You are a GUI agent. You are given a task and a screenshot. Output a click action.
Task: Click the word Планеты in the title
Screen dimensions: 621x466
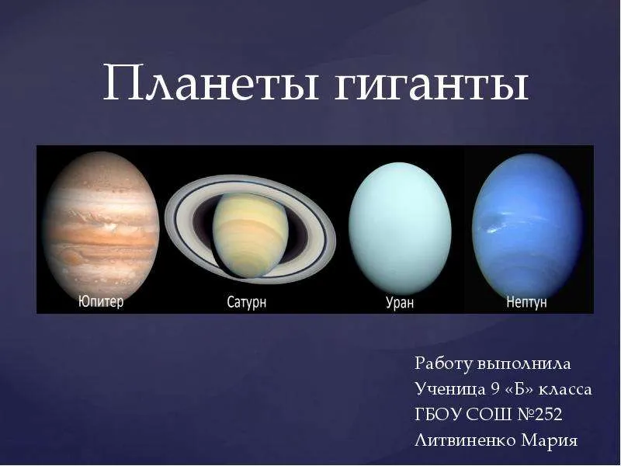[x=210, y=82]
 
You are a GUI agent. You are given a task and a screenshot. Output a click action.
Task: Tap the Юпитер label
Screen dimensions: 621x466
[x=101, y=301]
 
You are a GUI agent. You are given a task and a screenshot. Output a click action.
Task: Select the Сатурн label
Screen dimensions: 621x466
[x=247, y=302]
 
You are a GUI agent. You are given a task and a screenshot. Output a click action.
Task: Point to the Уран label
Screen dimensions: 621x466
[x=400, y=302]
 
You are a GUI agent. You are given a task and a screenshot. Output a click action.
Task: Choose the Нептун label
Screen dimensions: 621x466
[x=526, y=302]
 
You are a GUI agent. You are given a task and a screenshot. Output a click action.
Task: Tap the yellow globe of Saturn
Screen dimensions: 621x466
[x=251, y=235]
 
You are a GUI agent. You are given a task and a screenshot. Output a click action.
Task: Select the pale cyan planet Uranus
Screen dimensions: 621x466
[x=400, y=228]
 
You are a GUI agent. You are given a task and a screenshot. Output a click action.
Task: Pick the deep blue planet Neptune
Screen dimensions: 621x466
[x=528, y=226]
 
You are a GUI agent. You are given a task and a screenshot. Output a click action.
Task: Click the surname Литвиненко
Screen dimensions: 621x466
[x=465, y=440]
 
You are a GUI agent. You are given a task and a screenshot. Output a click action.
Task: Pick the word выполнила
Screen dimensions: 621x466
[x=524, y=364]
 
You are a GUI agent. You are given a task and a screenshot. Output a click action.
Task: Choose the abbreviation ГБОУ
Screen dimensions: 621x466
[x=438, y=415]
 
